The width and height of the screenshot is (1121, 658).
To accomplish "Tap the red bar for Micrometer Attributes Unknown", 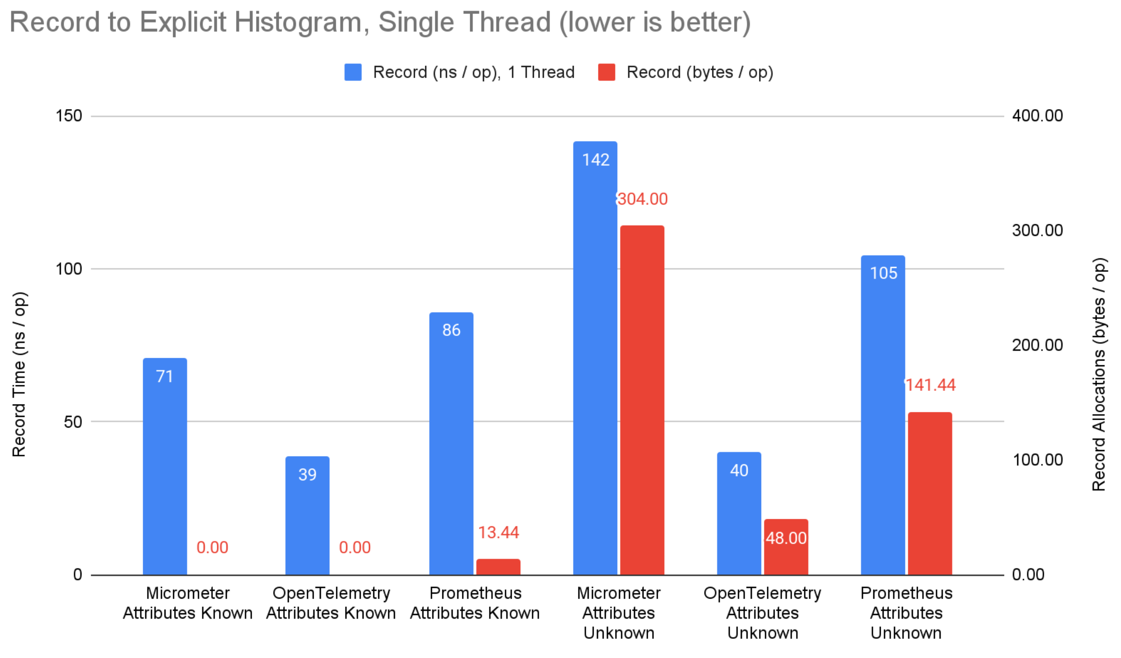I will [x=642, y=401].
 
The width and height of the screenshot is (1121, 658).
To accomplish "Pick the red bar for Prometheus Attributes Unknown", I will [x=930, y=494].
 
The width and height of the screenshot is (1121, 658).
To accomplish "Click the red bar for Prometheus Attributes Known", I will [x=498, y=567].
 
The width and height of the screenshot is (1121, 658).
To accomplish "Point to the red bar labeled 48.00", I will [x=786, y=547].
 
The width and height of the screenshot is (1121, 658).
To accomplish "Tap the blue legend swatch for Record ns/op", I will [x=353, y=72].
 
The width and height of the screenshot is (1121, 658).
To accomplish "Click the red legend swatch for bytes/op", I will [x=606, y=72].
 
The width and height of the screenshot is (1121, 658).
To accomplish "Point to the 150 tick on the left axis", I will [x=68, y=116].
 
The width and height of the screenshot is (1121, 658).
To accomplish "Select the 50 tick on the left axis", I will [x=73, y=422].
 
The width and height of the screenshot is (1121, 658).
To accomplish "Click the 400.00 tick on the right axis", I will [x=1037, y=116].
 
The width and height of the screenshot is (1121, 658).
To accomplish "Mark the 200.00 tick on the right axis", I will [x=1037, y=345].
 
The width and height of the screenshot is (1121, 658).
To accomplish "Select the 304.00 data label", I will [x=643, y=199].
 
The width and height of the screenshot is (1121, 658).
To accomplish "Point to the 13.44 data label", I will [x=498, y=532].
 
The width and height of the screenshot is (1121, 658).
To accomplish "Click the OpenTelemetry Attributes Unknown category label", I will [x=762, y=613].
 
